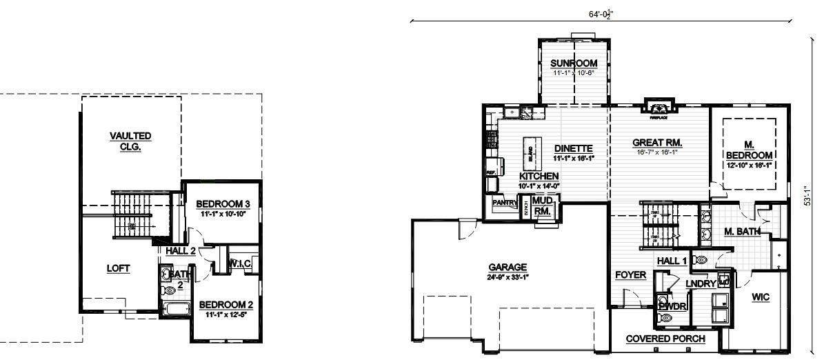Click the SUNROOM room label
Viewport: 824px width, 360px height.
click(x=574, y=63)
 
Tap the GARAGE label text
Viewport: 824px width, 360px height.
click(x=508, y=268)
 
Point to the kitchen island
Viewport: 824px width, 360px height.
click(x=531, y=150)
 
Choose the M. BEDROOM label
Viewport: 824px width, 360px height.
click(x=749, y=151)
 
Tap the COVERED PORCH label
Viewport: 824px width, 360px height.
click(x=665, y=339)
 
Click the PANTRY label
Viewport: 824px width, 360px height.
click(x=504, y=203)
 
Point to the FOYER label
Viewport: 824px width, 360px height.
click(x=630, y=275)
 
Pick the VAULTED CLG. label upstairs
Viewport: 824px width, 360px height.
click(x=130, y=141)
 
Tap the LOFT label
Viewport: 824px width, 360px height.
click(x=118, y=268)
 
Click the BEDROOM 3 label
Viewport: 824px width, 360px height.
click(x=223, y=204)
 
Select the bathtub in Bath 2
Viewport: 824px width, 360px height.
click(x=176, y=308)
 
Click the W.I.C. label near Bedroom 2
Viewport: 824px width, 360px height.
click(x=243, y=263)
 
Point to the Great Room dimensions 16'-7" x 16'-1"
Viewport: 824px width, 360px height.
click(x=656, y=152)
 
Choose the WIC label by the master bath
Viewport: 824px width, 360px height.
click(x=761, y=297)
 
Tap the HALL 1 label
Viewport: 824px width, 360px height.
click(x=671, y=261)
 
